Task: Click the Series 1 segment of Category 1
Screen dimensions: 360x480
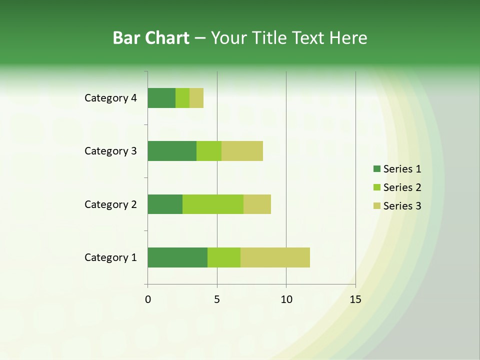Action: click(x=177, y=257)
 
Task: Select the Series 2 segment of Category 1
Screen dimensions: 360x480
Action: click(x=224, y=257)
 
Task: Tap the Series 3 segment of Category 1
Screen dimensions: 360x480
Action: click(x=275, y=257)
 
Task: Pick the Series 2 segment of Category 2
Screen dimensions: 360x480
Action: click(x=213, y=204)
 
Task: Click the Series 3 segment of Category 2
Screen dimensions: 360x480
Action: click(x=257, y=204)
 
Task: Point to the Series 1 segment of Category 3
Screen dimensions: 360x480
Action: click(x=172, y=151)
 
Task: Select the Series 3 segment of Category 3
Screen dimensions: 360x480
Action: click(x=242, y=151)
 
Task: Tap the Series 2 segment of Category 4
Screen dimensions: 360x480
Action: click(x=182, y=98)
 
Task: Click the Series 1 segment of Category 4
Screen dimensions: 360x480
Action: click(x=161, y=98)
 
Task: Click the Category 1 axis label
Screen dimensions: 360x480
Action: click(x=110, y=257)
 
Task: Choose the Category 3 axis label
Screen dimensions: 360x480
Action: click(x=110, y=151)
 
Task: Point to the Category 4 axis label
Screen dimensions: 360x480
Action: click(x=110, y=98)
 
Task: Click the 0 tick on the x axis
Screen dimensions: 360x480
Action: click(x=148, y=299)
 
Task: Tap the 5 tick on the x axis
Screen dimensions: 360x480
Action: click(x=217, y=299)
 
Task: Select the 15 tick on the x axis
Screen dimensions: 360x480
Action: click(x=355, y=299)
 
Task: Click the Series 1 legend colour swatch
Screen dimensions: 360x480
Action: click(x=376, y=169)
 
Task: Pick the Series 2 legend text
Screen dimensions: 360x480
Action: click(x=402, y=187)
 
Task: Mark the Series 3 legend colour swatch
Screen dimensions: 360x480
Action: click(x=376, y=206)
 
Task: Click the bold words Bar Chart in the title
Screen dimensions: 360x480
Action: click(x=151, y=38)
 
